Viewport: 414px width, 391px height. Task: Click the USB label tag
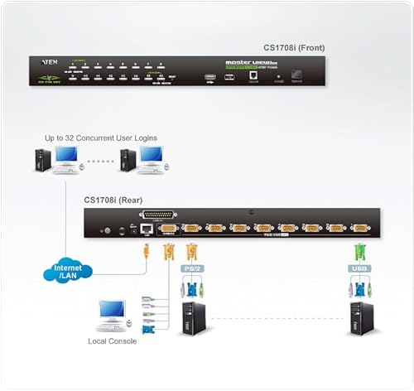pos(359,268)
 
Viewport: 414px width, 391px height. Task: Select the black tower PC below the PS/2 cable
pos(194,319)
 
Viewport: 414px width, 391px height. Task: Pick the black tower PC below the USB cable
pos(361,319)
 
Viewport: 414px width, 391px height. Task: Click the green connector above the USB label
pos(359,250)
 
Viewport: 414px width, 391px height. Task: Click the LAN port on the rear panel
pos(147,227)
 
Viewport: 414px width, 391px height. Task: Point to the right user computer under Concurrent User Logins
pos(142,160)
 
